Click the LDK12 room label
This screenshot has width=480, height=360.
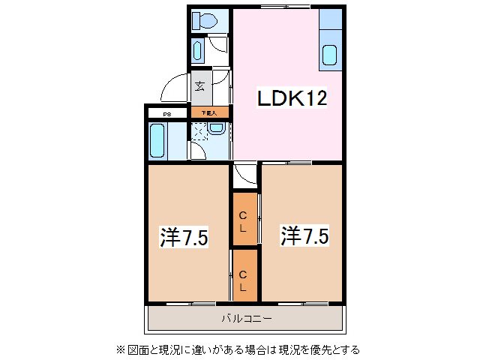(x=292, y=98)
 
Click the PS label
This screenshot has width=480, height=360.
(x=167, y=113)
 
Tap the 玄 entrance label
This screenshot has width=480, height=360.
(x=200, y=85)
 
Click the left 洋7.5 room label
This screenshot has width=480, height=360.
(x=184, y=238)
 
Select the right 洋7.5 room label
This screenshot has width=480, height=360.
(x=304, y=236)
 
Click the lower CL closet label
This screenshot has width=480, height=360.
(x=244, y=276)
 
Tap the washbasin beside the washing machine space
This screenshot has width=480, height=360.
(x=216, y=128)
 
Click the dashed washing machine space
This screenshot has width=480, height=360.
(x=199, y=132)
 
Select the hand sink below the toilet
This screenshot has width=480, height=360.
(x=197, y=51)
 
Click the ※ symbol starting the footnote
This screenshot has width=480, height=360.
(x=119, y=349)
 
